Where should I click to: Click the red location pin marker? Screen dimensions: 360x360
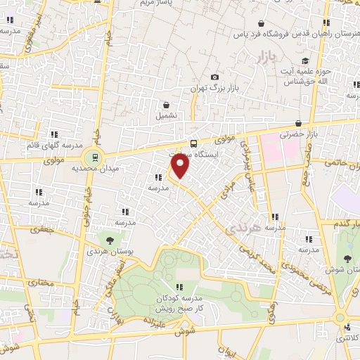181,167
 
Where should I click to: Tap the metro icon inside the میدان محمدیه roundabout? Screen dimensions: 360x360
91,157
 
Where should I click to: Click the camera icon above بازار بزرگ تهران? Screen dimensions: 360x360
214,77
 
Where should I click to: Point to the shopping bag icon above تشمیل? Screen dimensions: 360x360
165,104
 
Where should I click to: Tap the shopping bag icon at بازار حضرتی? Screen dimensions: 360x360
298,124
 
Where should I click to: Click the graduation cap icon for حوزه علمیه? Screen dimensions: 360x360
304,61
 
